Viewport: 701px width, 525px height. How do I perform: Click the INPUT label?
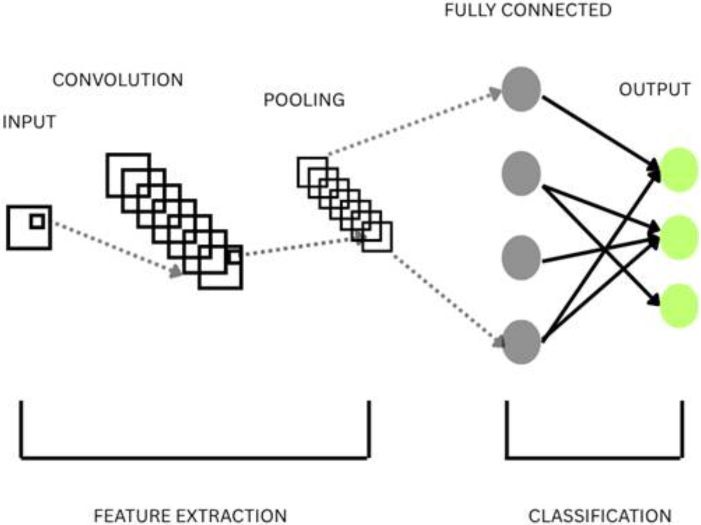pos(29,122)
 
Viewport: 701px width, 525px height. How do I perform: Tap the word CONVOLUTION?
pos(118,80)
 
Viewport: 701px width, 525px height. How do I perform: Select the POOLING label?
pos(304,100)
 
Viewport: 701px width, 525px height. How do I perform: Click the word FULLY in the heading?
pos(469,10)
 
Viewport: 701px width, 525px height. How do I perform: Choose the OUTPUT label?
pos(655,89)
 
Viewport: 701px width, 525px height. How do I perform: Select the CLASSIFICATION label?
pos(600,516)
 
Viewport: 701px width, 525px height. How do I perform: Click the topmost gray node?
pos(521,89)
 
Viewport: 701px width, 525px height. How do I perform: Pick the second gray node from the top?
pos(521,173)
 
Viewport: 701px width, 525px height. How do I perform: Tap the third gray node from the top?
pos(521,257)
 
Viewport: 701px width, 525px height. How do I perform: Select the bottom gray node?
pos(521,342)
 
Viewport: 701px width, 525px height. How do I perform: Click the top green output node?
pos(679,170)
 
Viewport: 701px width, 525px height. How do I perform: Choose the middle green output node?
pos(679,237)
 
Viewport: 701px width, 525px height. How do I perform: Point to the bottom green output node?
pos(679,306)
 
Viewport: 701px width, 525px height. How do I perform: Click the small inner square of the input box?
pos(37,222)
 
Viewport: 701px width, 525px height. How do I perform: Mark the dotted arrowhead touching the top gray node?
pos(496,94)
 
